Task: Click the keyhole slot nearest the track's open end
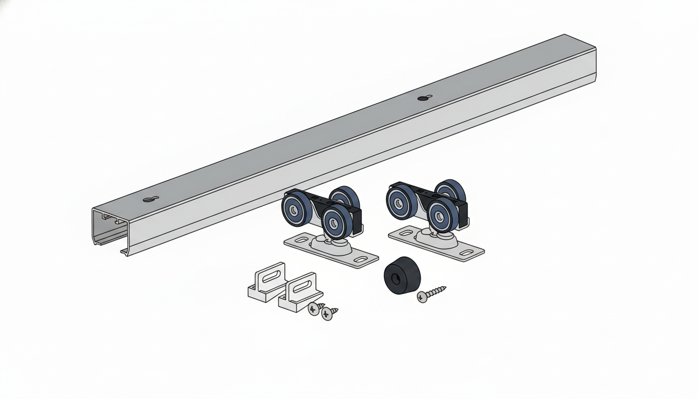tap(150, 199)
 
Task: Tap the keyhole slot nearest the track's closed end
tap(423, 98)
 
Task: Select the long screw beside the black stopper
tap(431, 294)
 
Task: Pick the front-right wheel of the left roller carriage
tap(336, 221)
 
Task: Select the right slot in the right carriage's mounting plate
tap(466, 252)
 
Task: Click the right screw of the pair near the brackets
tap(328, 313)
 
